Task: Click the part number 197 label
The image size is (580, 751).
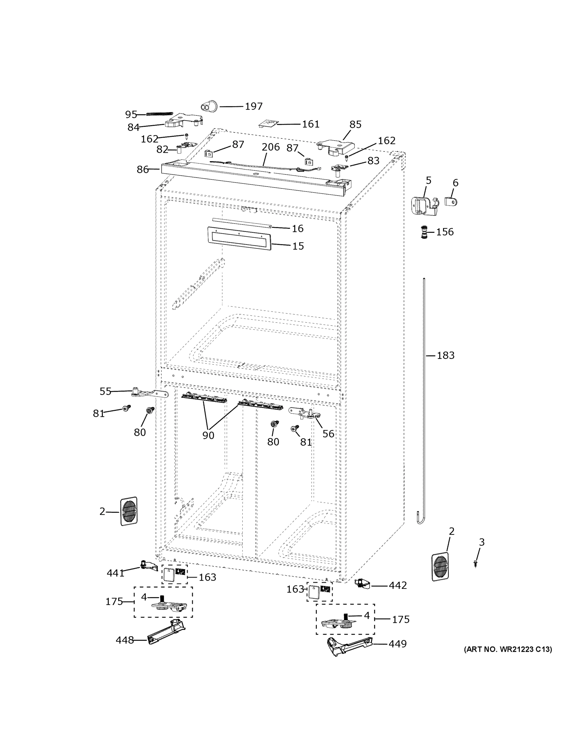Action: [254, 106]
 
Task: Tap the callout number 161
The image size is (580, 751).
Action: [310, 124]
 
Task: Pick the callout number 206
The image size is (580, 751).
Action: [270, 147]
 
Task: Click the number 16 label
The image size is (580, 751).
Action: [298, 228]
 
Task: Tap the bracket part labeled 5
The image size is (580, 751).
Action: [424, 206]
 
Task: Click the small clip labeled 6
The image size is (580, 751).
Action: [451, 201]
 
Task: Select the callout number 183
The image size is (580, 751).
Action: [445, 355]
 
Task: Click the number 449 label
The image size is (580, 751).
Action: [397, 644]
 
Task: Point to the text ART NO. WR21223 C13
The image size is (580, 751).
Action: [508, 649]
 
